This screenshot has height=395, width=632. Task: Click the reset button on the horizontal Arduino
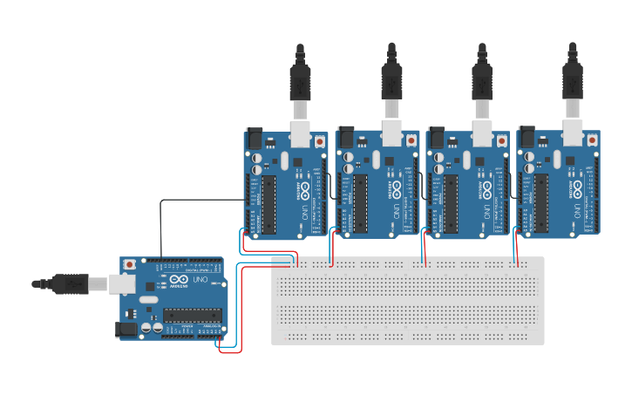130,264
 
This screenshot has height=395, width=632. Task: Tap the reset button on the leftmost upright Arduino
320,140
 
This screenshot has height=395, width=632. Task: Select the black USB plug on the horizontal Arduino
69,283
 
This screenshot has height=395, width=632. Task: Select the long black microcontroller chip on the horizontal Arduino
192,316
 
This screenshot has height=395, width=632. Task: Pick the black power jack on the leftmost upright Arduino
254,138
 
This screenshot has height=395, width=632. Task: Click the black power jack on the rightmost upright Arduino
527,138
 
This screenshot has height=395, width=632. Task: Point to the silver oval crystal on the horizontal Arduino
147,299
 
